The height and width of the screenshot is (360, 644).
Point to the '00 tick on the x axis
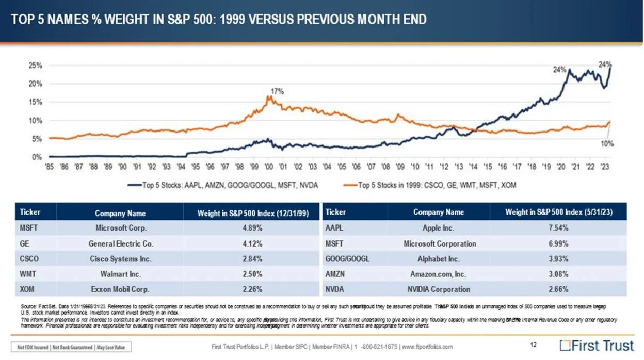(268, 167)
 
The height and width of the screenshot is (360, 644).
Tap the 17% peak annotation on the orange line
(278, 91)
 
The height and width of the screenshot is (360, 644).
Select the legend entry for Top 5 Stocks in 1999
(439, 185)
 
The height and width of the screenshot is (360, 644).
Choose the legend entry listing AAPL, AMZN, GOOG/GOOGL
(228, 185)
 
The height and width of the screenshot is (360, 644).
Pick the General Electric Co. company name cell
(120, 243)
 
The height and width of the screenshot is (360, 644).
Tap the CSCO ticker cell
(29, 259)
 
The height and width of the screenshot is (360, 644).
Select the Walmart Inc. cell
(120, 274)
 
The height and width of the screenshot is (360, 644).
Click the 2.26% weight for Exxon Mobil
(251, 289)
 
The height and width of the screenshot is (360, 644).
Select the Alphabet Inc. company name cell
(439, 259)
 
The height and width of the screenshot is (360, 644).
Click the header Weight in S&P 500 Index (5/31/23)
(558, 212)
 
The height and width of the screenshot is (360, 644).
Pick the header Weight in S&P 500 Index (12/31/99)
(251, 213)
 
